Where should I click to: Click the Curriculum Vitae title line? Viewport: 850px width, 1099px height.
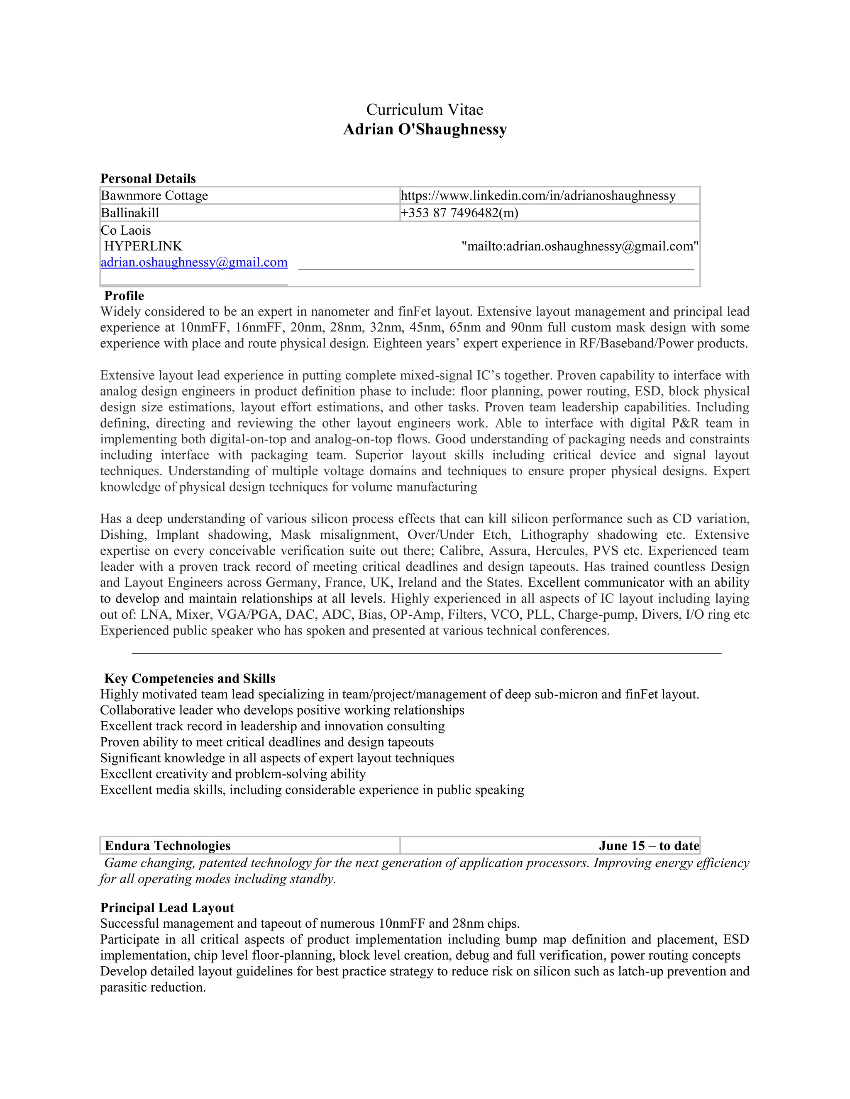click(x=425, y=110)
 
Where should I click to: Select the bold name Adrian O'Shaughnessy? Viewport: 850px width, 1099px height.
click(x=425, y=129)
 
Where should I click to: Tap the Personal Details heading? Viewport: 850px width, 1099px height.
click(x=148, y=178)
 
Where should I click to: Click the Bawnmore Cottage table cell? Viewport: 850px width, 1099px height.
click(x=154, y=195)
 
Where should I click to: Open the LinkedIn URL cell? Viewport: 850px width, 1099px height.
click(x=538, y=195)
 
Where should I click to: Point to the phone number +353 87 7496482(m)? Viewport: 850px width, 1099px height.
click(x=459, y=212)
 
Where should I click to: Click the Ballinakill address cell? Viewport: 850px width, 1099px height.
click(x=130, y=212)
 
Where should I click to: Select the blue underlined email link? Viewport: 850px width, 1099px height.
click(x=194, y=262)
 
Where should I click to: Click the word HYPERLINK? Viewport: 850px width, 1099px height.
click(x=143, y=246)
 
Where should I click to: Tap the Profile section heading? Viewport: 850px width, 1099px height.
click(x=124, y=295)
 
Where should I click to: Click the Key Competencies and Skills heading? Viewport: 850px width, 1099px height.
click(x=190, y=678)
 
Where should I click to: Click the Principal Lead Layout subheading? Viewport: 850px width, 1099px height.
click(x=167, y=907)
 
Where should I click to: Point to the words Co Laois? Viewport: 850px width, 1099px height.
click(x=126, y=230)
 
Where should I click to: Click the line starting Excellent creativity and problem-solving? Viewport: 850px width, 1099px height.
click(x=233, y=773)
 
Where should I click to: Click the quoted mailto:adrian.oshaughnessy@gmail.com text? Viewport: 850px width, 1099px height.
click(x=579, y=246)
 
